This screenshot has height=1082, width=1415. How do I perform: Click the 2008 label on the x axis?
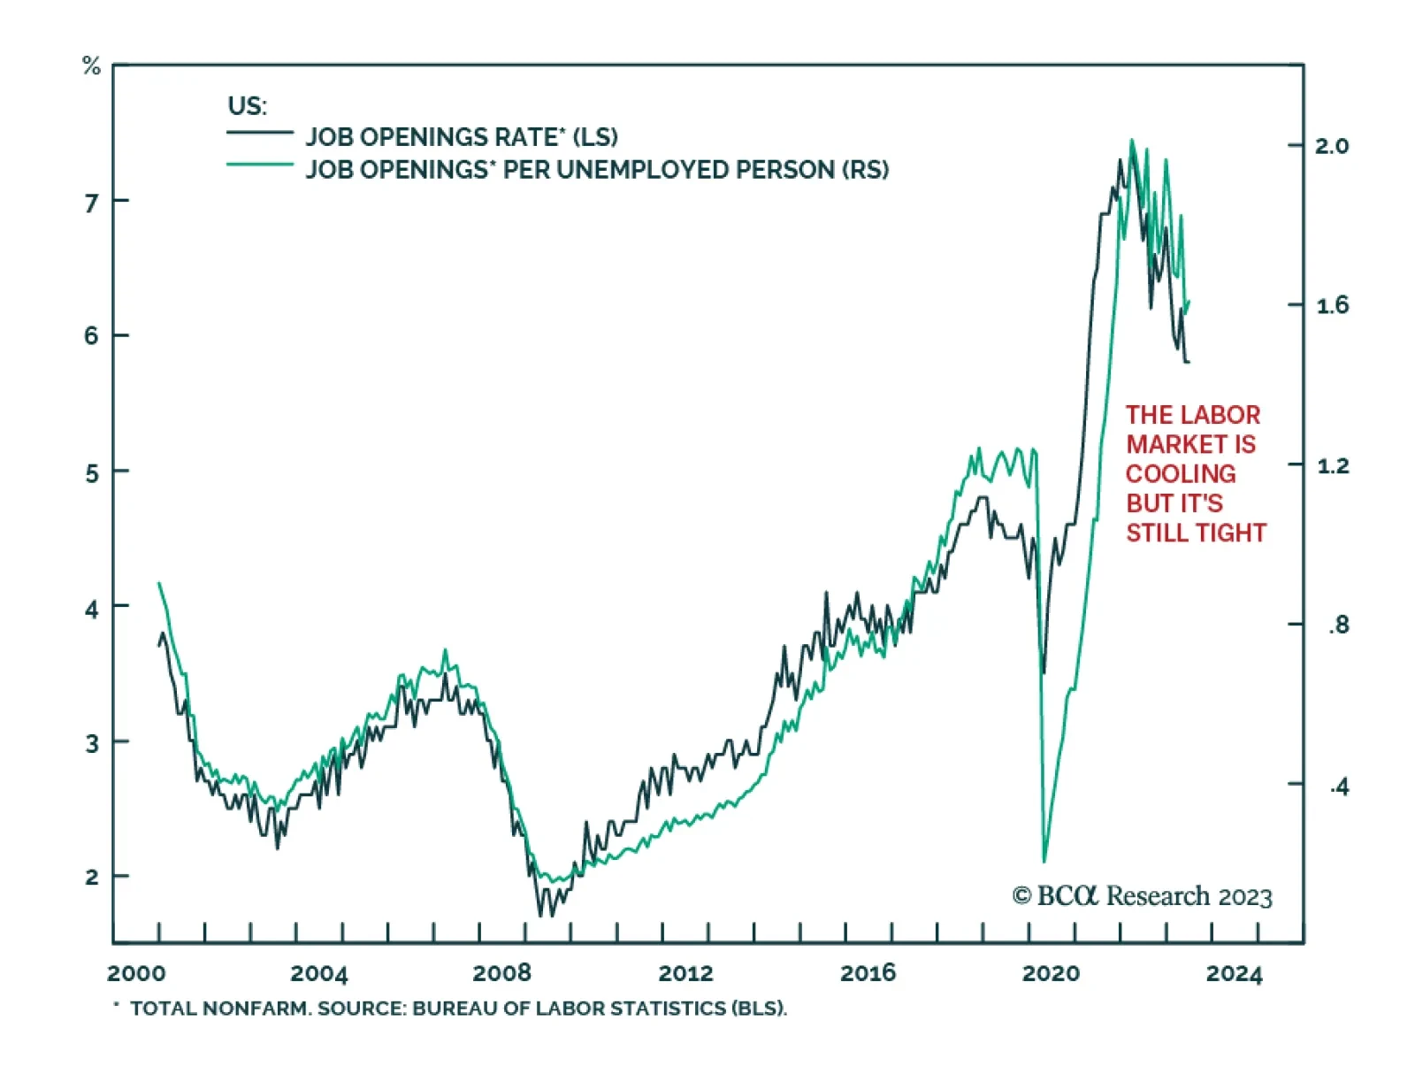(x=501, y=973)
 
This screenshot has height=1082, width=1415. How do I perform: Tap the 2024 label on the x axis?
(x=1234, y=973)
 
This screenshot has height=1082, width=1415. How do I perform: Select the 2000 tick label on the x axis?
(x=136, y=973)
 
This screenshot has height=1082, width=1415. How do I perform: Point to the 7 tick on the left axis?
(x=91, y=203)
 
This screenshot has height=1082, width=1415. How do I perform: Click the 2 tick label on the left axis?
(x=91, y=878)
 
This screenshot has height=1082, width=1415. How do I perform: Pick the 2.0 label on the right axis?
(x=1331, y=146)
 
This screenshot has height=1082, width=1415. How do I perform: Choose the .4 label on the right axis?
(x=1339, y=786)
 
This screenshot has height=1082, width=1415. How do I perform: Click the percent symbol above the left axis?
(x=91, y=65)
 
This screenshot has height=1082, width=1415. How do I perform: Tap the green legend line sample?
(x=259, y=165)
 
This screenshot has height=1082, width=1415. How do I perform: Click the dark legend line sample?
(x=259, y=133)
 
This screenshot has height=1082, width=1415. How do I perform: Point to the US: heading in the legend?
(x=247, y=106)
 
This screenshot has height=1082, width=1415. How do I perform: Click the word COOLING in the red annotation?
(x=1180, y=473)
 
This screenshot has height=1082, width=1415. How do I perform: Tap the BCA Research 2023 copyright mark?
(x=1142, y=896)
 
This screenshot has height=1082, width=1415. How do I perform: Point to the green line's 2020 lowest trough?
(x=1044, y=860)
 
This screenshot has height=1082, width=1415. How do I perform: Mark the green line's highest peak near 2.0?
(x=1131, y=140)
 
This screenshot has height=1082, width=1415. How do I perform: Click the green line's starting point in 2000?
(x=158, y=583)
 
